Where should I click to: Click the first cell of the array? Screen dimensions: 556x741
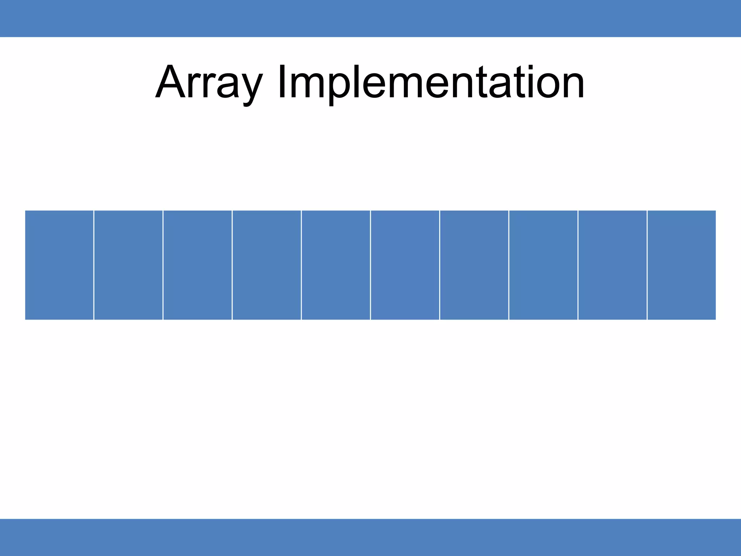[59, 265]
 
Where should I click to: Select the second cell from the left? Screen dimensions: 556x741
[128, 265]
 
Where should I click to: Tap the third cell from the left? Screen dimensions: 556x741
[198, 265]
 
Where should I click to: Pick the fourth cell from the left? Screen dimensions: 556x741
[267, 265]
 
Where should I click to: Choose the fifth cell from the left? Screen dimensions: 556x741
[336, 265]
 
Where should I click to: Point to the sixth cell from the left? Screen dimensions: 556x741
[405, 265]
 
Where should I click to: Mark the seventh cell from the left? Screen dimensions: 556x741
[474, 265]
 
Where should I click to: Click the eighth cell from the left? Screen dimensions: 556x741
[543, 265]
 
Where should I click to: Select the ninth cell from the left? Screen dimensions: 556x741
[613, 265]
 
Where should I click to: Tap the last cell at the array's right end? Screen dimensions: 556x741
[682, 265]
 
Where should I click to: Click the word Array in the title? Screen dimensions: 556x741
[209, 83]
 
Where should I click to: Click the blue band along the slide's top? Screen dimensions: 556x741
[370, 18]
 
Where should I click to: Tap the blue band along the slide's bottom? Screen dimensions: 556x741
[370, 537]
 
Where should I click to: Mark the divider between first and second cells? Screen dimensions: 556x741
[94, 265]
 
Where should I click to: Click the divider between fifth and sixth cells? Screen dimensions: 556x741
[370, 265]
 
